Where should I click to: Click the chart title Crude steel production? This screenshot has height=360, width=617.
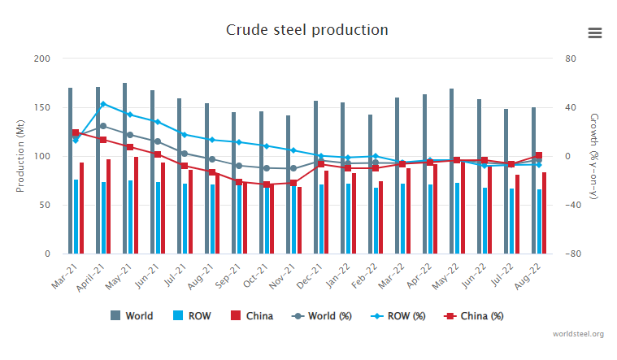pyautogui.click(x=307, y=30)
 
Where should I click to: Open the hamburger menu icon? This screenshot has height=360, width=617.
pyautogui.click(x=595, y=33)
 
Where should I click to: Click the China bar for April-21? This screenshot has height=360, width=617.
pyautogui.click(x=108, y=206)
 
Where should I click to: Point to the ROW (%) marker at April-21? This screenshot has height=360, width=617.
pyautogui.click(x=103, y=104)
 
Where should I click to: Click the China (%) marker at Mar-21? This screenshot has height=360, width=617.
pyautogui.click(x=76, y=132)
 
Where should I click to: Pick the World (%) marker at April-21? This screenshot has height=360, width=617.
pyautogui.click(x=103, y=126)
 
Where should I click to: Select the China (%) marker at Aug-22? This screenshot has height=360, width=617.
pyautogui.click(x=538, y=156)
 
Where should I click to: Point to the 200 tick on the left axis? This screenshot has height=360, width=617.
pyautogui.click(x=43, y=59)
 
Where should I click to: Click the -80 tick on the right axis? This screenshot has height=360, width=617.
pyautogui.click(x=571, y=254)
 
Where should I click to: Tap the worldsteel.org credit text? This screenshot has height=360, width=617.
pyautogui.click(x=578, y=334)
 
